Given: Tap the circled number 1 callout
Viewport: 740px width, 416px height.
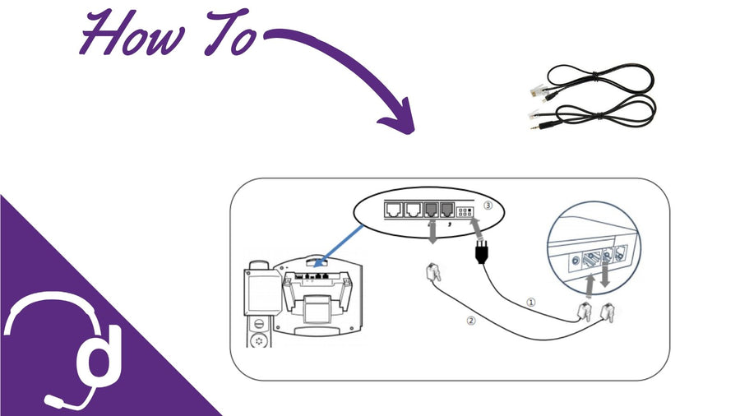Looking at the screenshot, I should coord(530,302).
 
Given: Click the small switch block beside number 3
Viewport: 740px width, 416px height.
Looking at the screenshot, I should coord(466,212).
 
